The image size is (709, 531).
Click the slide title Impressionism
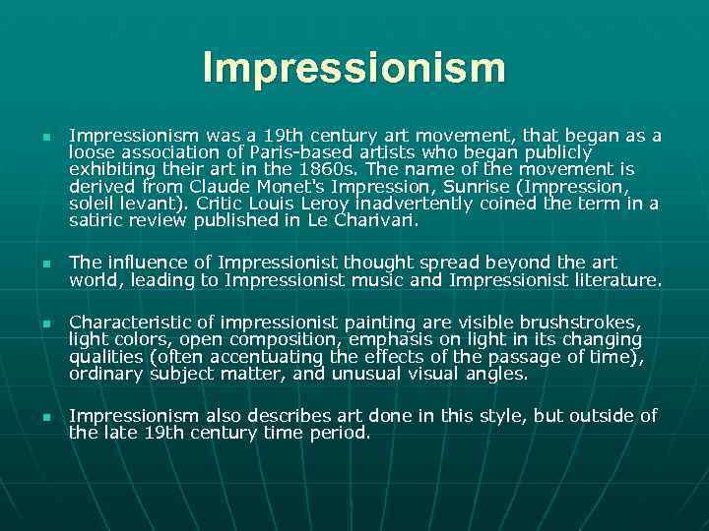pyautogui.click(x=354, y=68)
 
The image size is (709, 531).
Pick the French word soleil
pyautogui.click(x=96, y=204)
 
